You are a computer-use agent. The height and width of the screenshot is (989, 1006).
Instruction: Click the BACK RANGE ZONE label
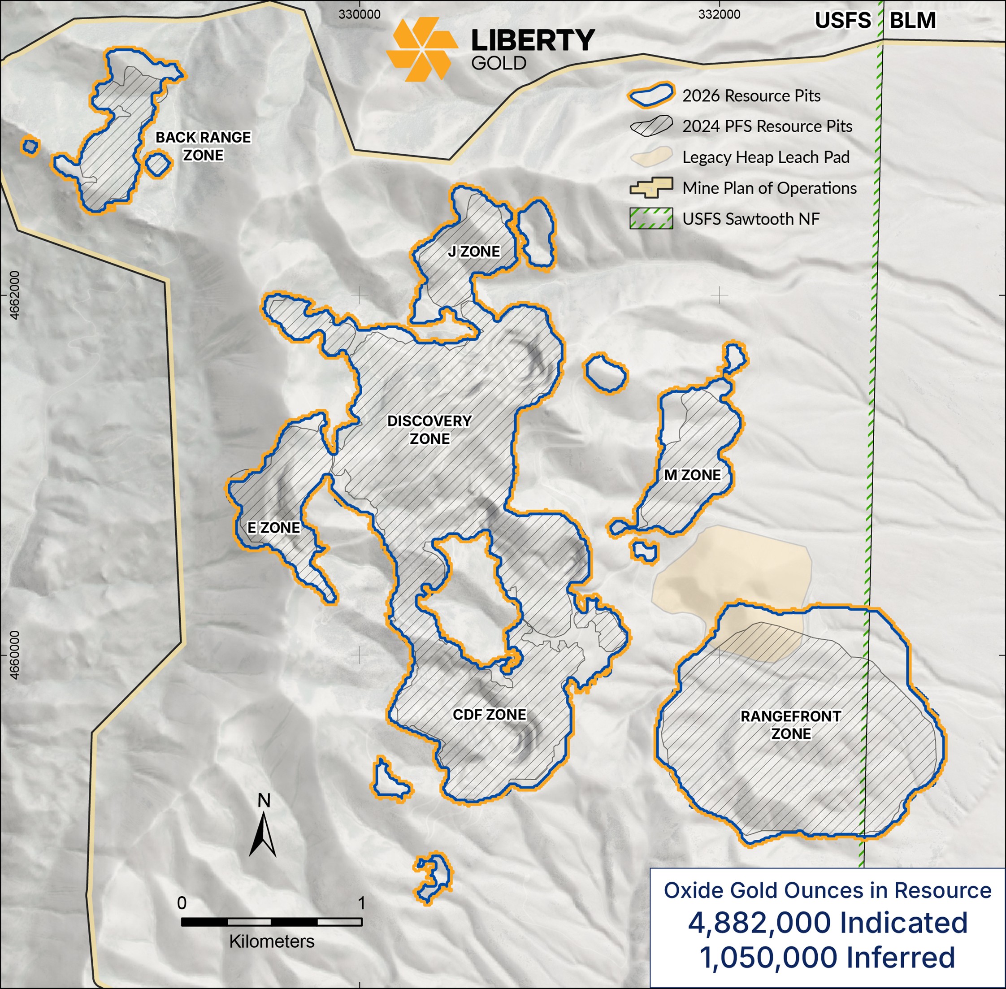[x=203, y=146]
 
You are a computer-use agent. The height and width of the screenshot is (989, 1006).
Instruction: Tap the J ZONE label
[x=474, y=252]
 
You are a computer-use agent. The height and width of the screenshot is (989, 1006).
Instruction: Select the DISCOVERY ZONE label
[x=429, y=429]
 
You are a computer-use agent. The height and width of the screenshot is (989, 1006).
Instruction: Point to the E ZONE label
[x=274, y=528]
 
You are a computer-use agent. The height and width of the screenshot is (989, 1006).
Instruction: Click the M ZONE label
[x=692, y=475]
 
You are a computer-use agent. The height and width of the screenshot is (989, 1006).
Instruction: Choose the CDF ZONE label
[x=489, y=715]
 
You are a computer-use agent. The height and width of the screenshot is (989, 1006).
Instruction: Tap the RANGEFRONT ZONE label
[x=790, y=725]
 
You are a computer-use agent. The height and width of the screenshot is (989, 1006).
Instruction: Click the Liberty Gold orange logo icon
[x=422, y=49]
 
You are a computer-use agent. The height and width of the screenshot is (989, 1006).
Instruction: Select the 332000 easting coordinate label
[x=720, y=14]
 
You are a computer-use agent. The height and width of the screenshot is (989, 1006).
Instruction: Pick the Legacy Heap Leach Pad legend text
[x=766, y=157]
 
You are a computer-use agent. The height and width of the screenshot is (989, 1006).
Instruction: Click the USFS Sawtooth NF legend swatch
[x=651, y=219]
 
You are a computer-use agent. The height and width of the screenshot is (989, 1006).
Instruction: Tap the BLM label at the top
[x=912, y=21]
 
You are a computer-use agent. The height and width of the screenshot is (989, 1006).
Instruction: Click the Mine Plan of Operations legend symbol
[x=651, y=187]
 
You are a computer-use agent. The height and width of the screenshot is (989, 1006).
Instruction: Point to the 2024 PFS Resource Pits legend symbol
[x=651, y=126]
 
